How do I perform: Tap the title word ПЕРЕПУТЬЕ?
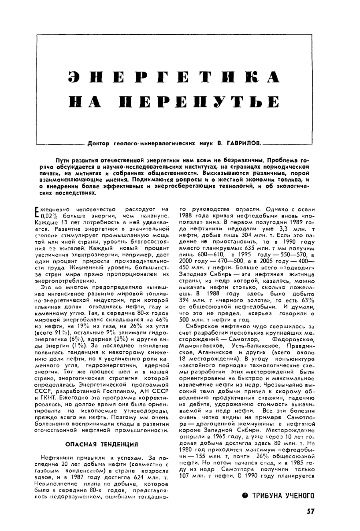[x=203, y=102]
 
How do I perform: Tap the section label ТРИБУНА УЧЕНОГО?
[x=282, y=495]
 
